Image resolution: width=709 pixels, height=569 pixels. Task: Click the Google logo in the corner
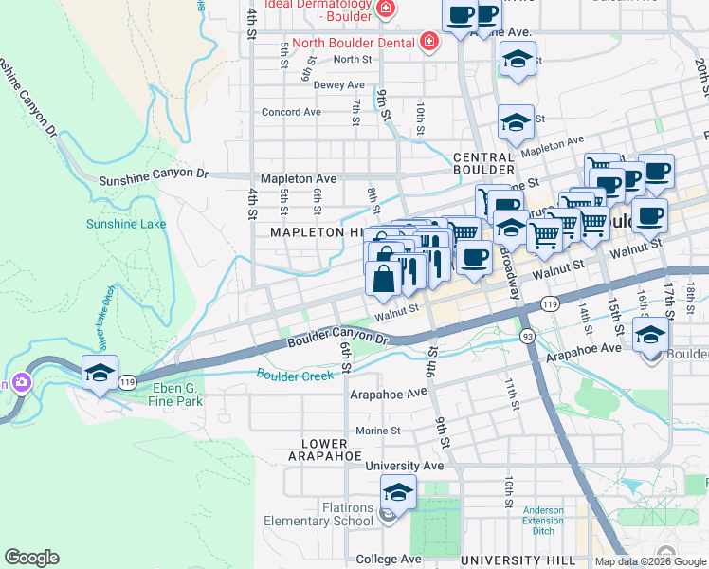point(31,558)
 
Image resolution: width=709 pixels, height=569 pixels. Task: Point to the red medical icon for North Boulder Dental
point(428,43)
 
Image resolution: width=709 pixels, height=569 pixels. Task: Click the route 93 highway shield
point(527,337)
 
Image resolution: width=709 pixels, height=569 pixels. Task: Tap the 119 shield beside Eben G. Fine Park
point(127,381)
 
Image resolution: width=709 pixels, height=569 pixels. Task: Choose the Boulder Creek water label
point(296,376)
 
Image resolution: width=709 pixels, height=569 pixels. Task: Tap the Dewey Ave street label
point(339,85)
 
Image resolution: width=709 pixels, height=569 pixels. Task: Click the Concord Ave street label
point(292,112)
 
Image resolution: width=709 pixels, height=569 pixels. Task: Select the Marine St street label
point(376,431)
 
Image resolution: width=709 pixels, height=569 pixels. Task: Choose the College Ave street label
point(386,560)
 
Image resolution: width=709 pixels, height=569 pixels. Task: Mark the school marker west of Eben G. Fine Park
point(100,373)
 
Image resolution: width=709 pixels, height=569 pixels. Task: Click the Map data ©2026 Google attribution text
point(650,561)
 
